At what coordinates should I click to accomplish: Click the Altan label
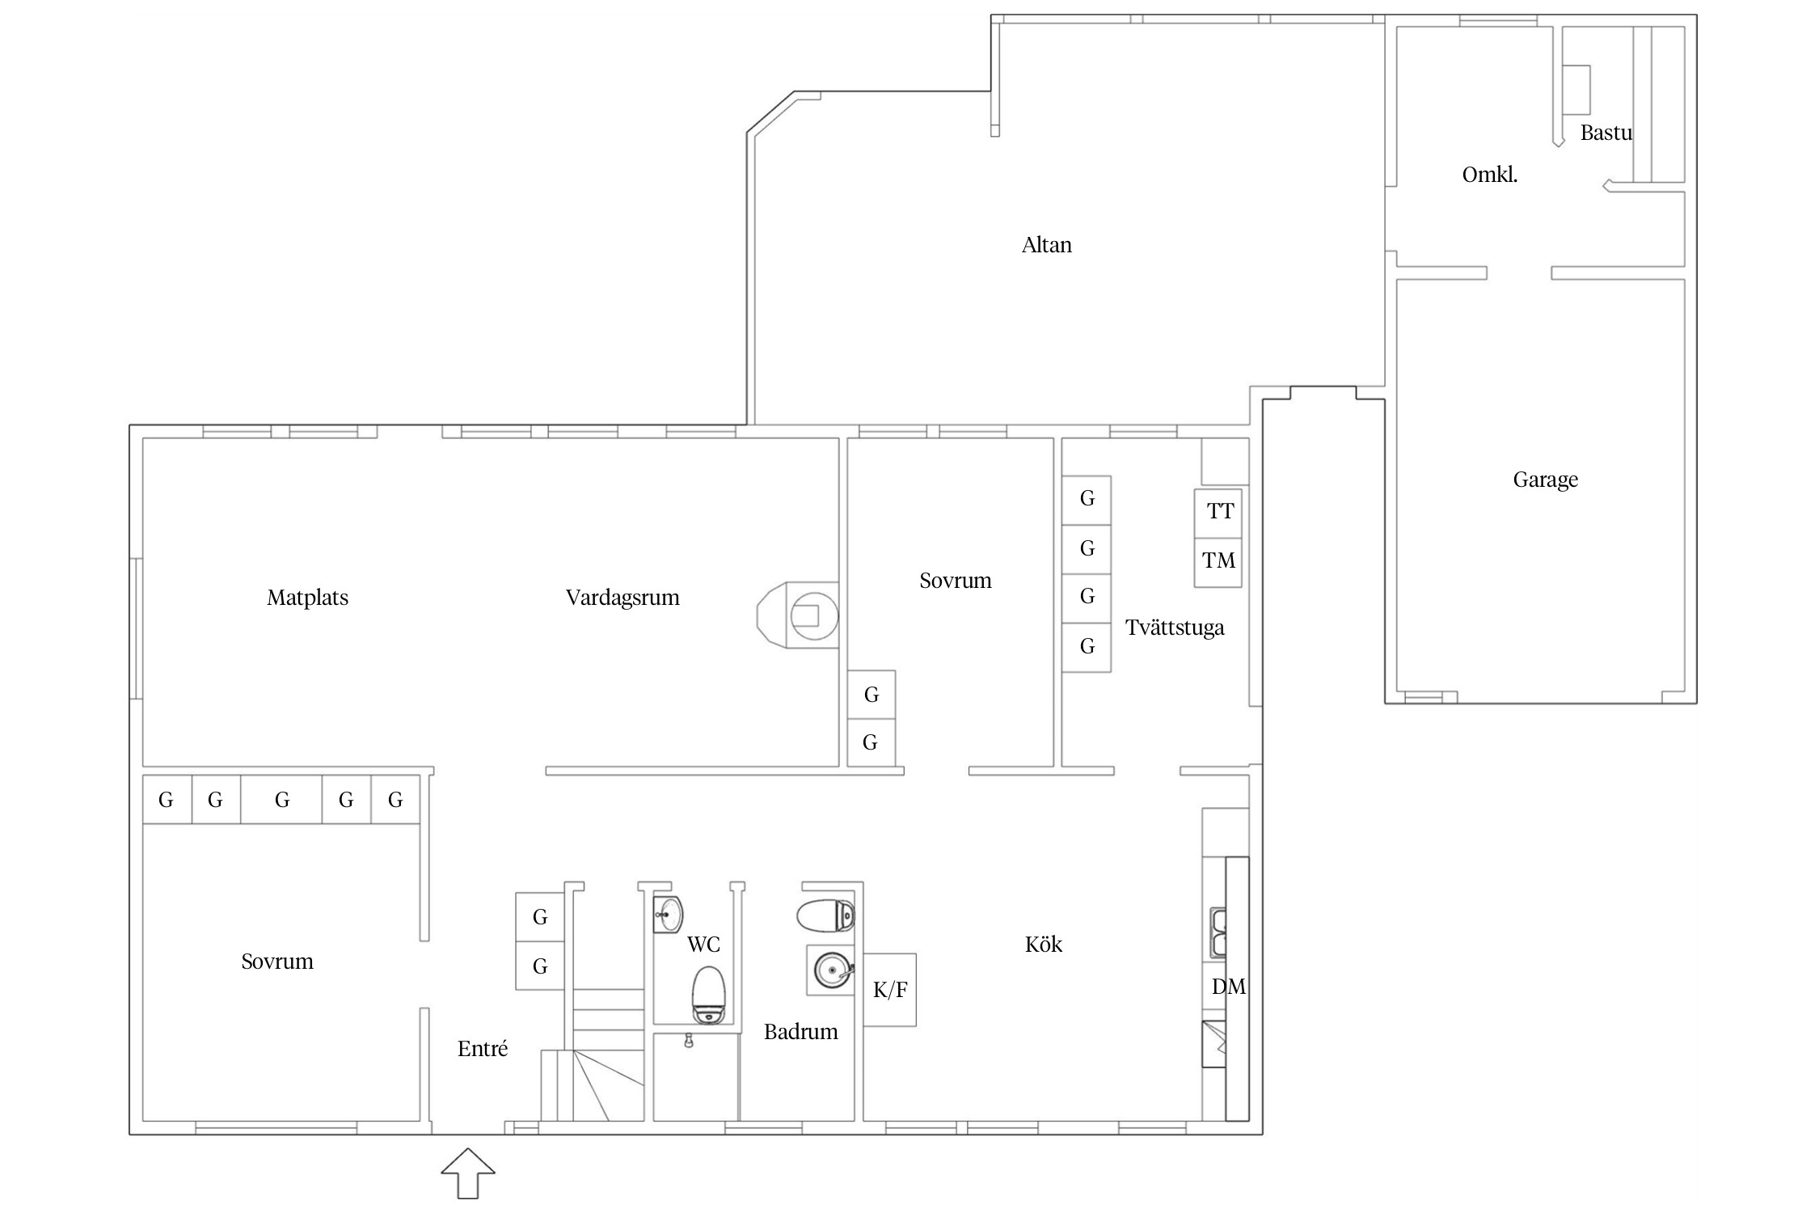[1046, 245]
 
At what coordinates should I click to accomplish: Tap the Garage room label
[1545, 480]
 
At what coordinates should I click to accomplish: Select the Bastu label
[1606, 133]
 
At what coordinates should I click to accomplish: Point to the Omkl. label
[1489, 175]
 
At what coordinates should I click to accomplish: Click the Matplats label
[307, 598]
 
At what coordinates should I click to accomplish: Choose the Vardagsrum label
[623, 598]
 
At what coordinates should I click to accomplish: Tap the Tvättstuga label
[1175, 628]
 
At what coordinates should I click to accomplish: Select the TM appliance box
[1218, 562]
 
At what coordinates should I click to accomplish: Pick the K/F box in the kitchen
[889, 990]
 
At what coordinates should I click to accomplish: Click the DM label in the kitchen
[1228, 987]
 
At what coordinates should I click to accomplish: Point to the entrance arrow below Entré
[468, 1173]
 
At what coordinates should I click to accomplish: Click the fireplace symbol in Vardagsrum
[798, 615]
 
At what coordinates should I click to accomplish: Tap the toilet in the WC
[709, 995]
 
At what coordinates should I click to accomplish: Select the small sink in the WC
[668, 915]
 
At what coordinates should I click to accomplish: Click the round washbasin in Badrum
[831, 970]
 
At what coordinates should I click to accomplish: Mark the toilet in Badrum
[825, 916]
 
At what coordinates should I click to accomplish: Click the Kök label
[1043, 945]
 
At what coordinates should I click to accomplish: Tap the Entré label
[483, 1050]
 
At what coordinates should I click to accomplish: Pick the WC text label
[703, 945]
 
